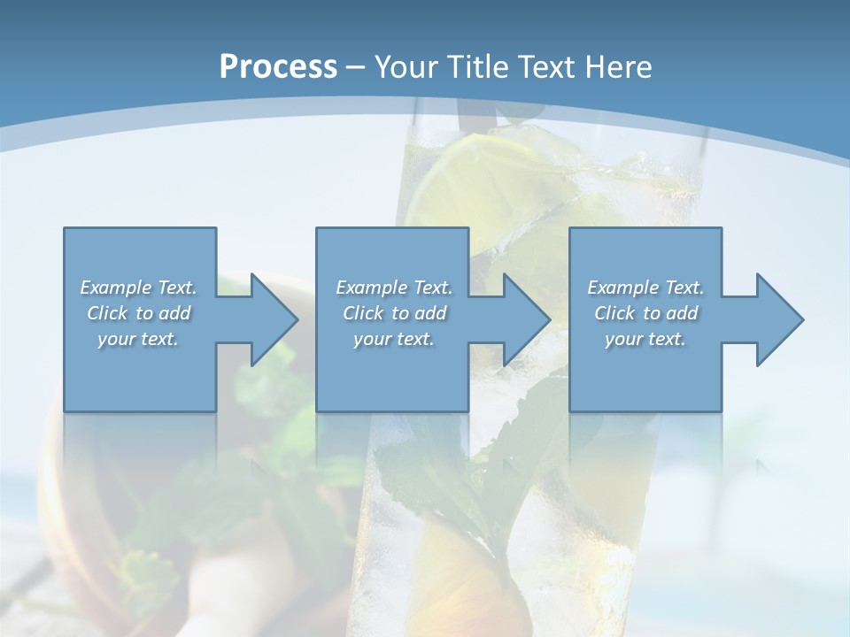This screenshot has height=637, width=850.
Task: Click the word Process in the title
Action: tap(278, 66)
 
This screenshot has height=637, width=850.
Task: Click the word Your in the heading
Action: tap(407, 66)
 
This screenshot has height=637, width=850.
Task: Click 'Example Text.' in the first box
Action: tap(138, 288)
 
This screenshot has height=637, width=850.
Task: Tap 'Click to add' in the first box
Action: tap(138, 313)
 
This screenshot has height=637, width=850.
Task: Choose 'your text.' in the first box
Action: tap(138, 339)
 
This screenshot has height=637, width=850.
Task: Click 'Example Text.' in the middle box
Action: tap(393, 288)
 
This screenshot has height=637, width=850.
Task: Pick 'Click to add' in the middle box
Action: tap(393, 313)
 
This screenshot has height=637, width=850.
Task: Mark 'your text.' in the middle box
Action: tap(393, 339)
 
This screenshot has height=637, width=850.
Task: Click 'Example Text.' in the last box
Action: tap(645, 288)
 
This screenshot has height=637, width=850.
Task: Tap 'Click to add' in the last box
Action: tap(645, 313)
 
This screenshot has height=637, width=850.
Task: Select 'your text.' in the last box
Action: tap(645, 339)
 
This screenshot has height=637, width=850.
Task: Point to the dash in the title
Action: tap(355, 67)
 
